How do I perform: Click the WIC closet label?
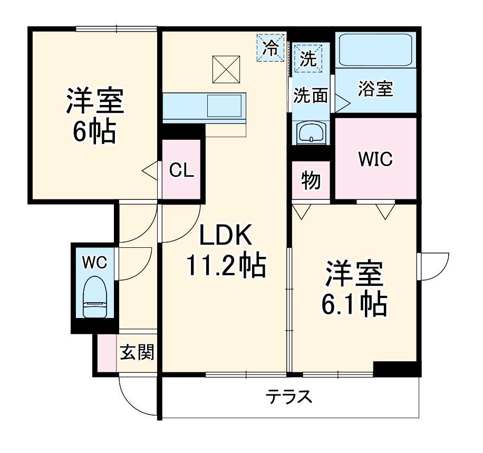375,159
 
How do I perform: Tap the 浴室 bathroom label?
375,89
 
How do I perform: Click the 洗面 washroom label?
311,95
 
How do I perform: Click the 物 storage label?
311,181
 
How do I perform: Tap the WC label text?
95,261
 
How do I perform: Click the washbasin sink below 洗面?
311,133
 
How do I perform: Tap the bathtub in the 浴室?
375,51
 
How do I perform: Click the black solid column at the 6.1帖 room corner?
396,369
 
